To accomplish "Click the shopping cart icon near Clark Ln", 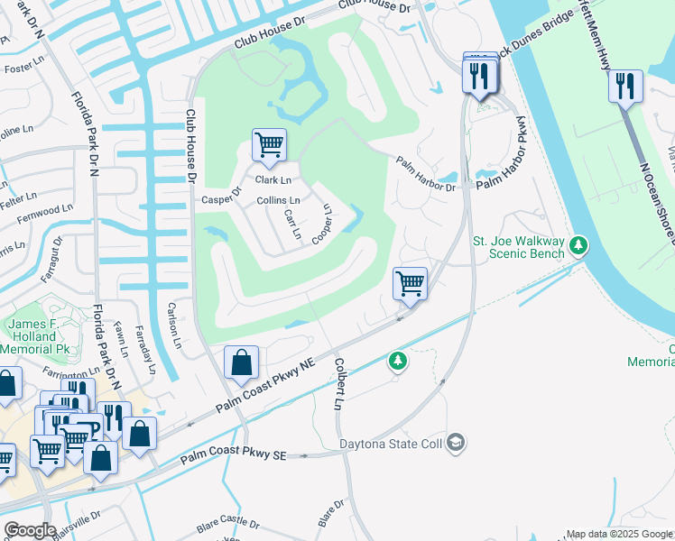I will point(269,144).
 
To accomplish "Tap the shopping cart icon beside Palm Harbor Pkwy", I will point(411,284).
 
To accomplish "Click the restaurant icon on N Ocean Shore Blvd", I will point(624,87).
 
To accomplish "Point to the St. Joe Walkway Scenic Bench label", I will point(519,247).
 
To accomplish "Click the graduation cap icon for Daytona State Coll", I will point(457,443).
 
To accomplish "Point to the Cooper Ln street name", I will point(323,224).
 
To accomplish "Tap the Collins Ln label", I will point(278,200).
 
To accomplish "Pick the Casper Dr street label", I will point(223,196).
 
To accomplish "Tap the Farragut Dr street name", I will point(58,255).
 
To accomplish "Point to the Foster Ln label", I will point(23,68).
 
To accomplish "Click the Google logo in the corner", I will point(30,529).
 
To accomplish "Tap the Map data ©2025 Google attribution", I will point(619,534).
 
